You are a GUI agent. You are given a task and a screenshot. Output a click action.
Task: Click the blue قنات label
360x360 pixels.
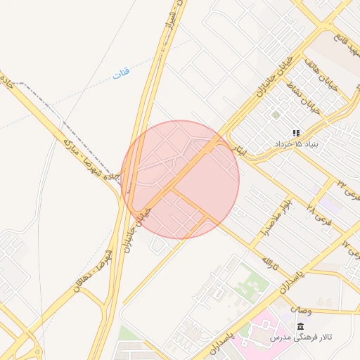coord(121,72)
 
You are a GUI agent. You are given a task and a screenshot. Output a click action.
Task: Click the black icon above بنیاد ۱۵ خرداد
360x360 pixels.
coord(296,132)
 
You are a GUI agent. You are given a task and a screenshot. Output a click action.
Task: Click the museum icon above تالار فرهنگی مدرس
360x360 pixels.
coord(301,327)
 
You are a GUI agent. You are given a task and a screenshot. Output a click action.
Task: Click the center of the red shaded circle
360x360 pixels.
coord(180,180)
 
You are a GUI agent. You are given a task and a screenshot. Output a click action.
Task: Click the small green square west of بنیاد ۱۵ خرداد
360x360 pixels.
coord(276,115)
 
